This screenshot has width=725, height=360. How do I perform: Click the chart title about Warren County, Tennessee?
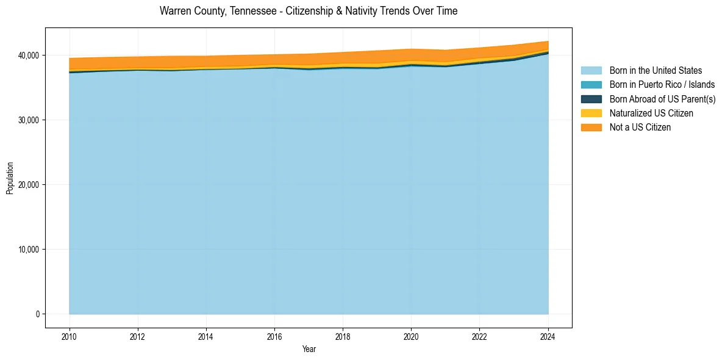coord(309,11)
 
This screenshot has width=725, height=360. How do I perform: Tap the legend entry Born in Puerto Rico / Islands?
coord(662,85)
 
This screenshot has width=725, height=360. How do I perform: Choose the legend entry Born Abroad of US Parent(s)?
coord(662,99)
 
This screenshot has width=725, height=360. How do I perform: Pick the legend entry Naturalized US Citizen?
coord(651,113)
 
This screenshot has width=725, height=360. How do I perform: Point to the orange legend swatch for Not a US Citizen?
coord(591,127)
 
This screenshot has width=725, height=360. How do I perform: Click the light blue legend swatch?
coord(591,71)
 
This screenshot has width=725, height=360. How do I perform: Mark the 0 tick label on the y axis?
coord(37,314)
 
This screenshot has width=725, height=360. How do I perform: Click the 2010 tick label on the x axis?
coord(70,336)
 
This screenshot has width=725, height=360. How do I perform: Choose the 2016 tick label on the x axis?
coord(274,336)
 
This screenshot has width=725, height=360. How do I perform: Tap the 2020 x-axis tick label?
coord(412,336)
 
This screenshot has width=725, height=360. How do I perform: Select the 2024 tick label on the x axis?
coord(548,336)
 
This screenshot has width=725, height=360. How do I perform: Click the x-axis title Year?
coord(309,349)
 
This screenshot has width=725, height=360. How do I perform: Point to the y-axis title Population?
coord(10,178)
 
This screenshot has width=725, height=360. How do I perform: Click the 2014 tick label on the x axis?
coord(206,336)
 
